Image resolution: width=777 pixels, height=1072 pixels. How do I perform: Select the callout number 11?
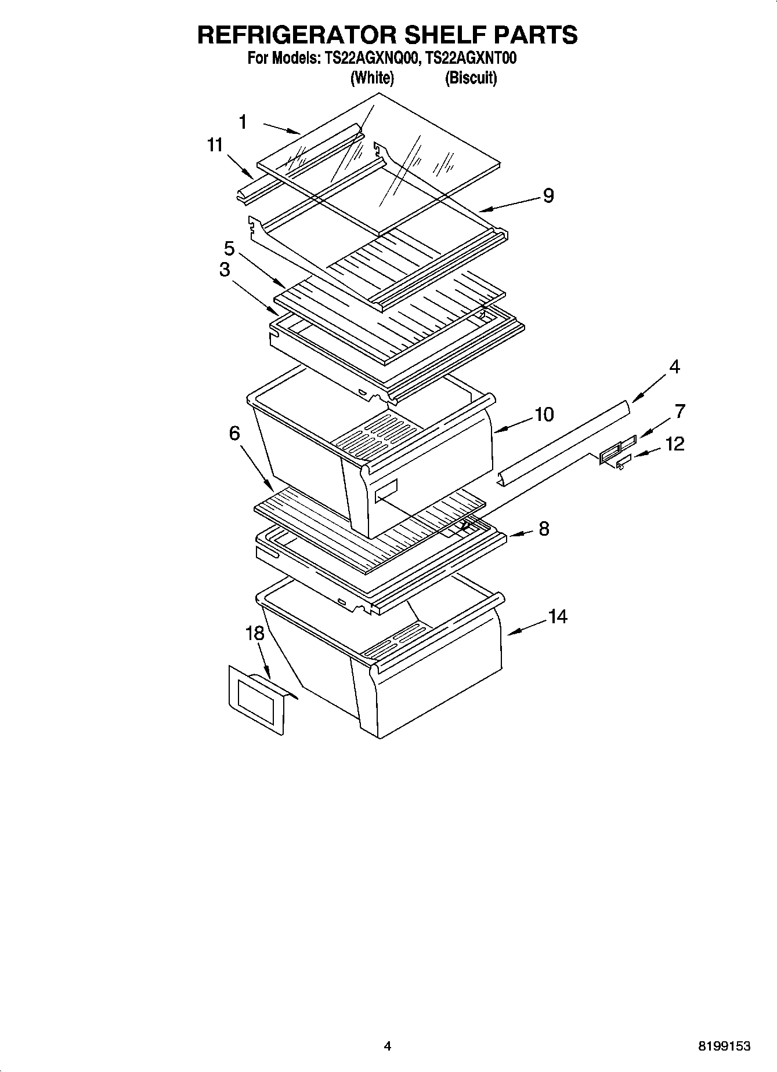(215, 145)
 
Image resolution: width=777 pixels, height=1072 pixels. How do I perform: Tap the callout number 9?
(548, 195)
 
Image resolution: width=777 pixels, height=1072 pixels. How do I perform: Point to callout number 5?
(229, 249)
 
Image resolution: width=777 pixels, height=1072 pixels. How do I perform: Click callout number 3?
(225, 270)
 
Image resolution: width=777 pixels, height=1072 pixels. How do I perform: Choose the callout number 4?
(674, 367)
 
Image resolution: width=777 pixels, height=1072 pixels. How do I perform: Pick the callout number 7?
(680, 412)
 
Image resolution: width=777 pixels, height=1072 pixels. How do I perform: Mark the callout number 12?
(675, 444)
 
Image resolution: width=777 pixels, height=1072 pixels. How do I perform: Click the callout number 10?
(544, 415)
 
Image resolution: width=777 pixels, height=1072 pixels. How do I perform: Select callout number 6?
(234, 433)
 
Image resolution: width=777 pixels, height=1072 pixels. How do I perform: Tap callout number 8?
(544, 528)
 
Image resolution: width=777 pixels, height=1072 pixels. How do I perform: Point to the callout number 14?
(557, 617)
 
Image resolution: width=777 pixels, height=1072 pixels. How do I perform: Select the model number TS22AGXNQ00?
(368, 59)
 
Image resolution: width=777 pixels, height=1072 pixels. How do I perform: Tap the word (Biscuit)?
(471, 78)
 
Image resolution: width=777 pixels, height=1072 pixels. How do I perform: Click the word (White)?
(372, 78)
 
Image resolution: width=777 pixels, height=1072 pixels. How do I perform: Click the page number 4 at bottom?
(388, 1046)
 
